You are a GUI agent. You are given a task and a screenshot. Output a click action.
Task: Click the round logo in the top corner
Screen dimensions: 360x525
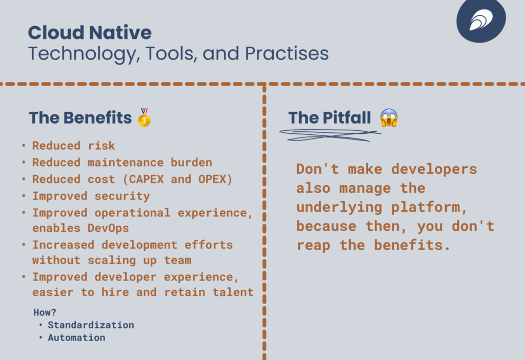tap(480, 21)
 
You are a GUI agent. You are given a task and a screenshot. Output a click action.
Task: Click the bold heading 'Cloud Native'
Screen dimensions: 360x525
tap(90, 33)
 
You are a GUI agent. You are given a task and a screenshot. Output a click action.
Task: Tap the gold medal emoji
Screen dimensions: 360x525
tap(144, 117)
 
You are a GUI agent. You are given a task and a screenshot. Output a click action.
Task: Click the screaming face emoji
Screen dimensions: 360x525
tap(389, 118)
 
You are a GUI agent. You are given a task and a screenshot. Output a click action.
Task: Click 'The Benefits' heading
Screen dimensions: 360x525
tap(80, 118)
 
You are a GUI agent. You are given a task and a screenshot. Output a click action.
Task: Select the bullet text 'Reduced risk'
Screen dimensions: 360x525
tap(73, 146)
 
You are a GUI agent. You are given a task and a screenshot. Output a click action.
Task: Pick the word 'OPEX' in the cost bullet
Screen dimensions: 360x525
tap(219, 179)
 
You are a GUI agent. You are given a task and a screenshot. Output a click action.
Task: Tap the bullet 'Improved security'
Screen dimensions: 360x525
tap(91, 196)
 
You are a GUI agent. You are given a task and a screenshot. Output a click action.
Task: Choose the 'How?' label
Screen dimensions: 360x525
tap(44, 312)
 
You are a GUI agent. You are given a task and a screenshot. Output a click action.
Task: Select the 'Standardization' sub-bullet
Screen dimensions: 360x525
tap(91, 325)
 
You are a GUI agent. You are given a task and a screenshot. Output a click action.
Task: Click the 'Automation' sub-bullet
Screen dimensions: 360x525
tap(76, 337)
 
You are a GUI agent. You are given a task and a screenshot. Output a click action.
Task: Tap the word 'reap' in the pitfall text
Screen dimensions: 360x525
tap(313, 245)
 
